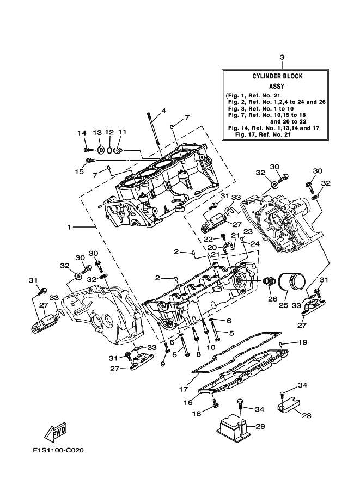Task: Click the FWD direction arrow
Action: pyautogui.click(x=56, y=432)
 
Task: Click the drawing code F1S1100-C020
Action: pyautogui.click(x=58, y=450)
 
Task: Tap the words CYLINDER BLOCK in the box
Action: pyautogui.click(x=277, y=76)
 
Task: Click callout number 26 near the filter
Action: pyautogui.click(x=272, y=298)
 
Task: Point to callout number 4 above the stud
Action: pyautogui.click(x=163, y=111)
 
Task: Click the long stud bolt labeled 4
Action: pyautogui.click(x=154, y=128)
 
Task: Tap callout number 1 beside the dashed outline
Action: pyautogui.click(x=69, y=227)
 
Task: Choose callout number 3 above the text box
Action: pyautogui.click(x=282, y=57)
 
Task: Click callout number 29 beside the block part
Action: pyautogui.click(x=260, y=426)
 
